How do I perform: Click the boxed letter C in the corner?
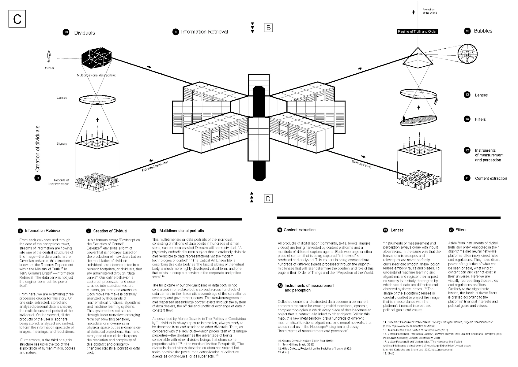17,19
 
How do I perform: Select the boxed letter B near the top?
268,28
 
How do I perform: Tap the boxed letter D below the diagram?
268,199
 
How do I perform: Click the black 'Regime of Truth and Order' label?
417,32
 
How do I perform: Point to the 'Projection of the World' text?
429,11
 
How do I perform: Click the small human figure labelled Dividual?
49,56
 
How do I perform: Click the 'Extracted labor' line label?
362,165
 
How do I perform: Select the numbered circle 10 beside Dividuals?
66,32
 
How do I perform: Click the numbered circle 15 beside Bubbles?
467,31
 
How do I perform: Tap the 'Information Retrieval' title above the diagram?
204,32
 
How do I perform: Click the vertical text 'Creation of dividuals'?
38,148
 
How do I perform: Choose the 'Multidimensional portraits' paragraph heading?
181,231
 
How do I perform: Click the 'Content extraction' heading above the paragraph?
299,230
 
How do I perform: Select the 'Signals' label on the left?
62,143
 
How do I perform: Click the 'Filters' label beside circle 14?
480,119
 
